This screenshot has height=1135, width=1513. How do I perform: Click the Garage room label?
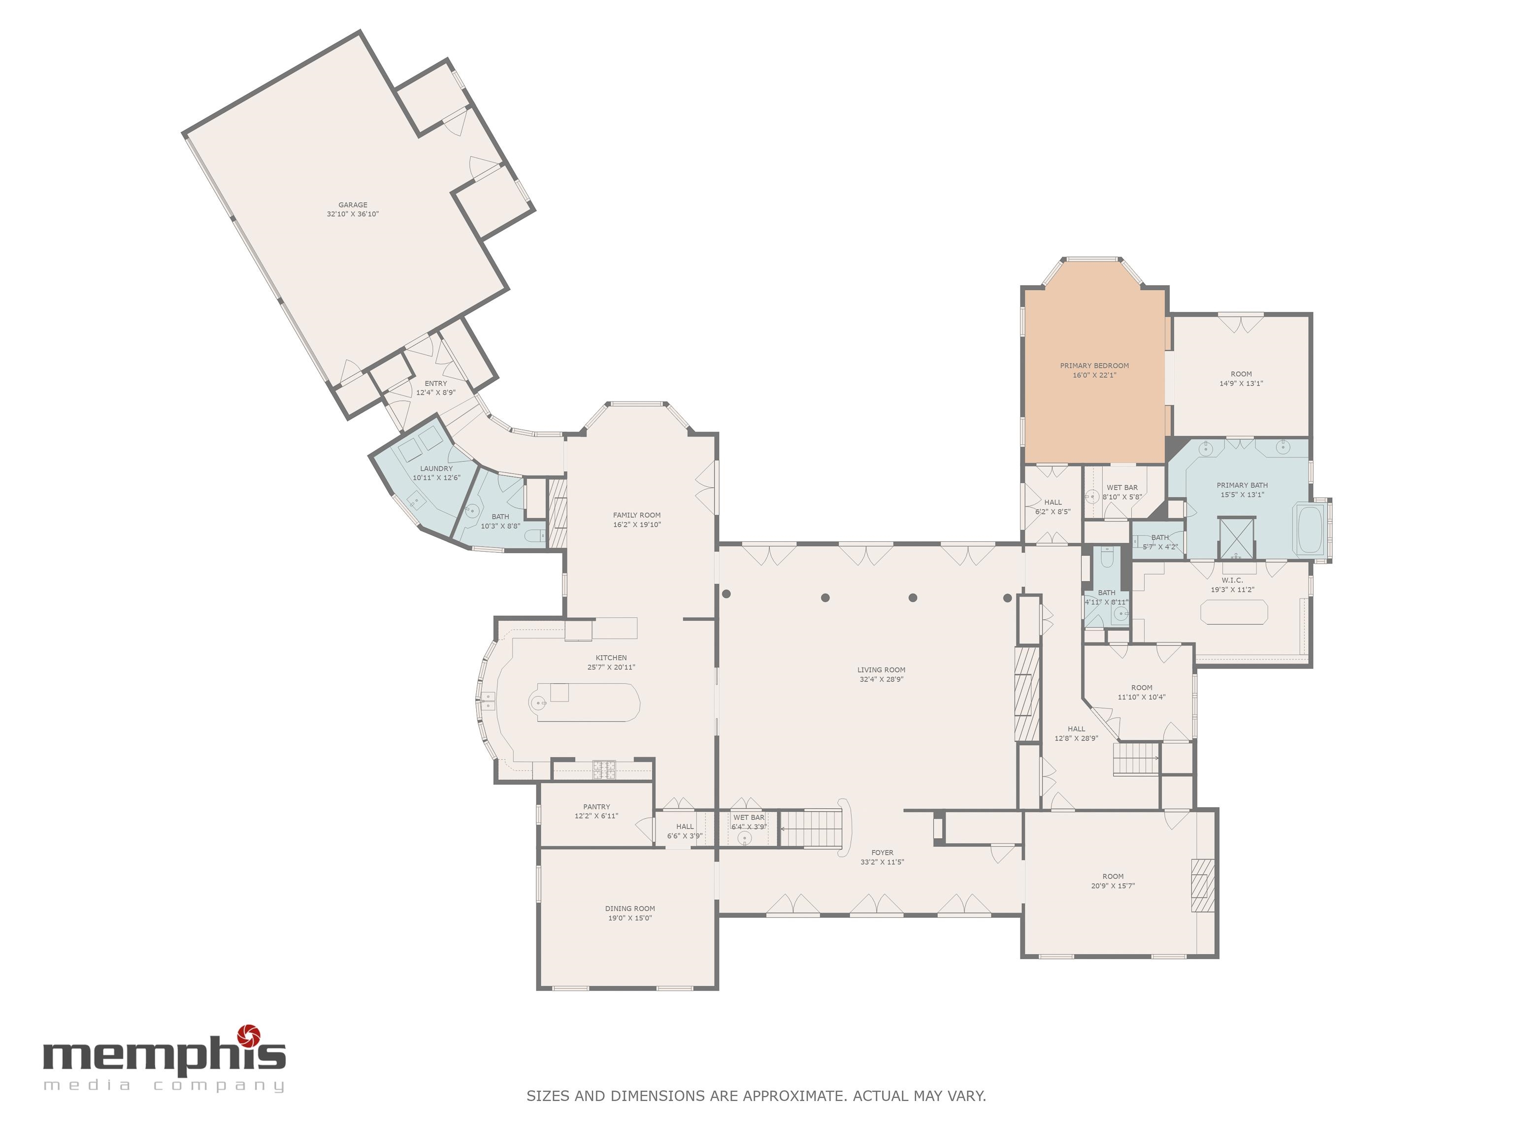[353, 204]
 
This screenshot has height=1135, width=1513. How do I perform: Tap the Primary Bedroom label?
[1094, 366]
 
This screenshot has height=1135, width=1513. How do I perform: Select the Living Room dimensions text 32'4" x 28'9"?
[882, 679]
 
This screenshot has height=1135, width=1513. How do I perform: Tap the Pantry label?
[596, 806]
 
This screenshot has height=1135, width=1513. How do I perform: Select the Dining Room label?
[630, 908]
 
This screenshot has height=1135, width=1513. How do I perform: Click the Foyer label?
[883, 852]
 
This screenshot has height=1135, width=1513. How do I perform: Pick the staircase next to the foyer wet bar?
[811, 828]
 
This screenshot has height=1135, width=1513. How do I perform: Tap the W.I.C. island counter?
[1233, 612]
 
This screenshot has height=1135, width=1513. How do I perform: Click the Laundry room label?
[436, 468]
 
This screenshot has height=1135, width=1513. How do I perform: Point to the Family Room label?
[637, 515]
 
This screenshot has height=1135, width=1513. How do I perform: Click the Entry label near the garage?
[436, 383]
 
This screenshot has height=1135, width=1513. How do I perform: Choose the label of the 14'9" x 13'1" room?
[1242, 374]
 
